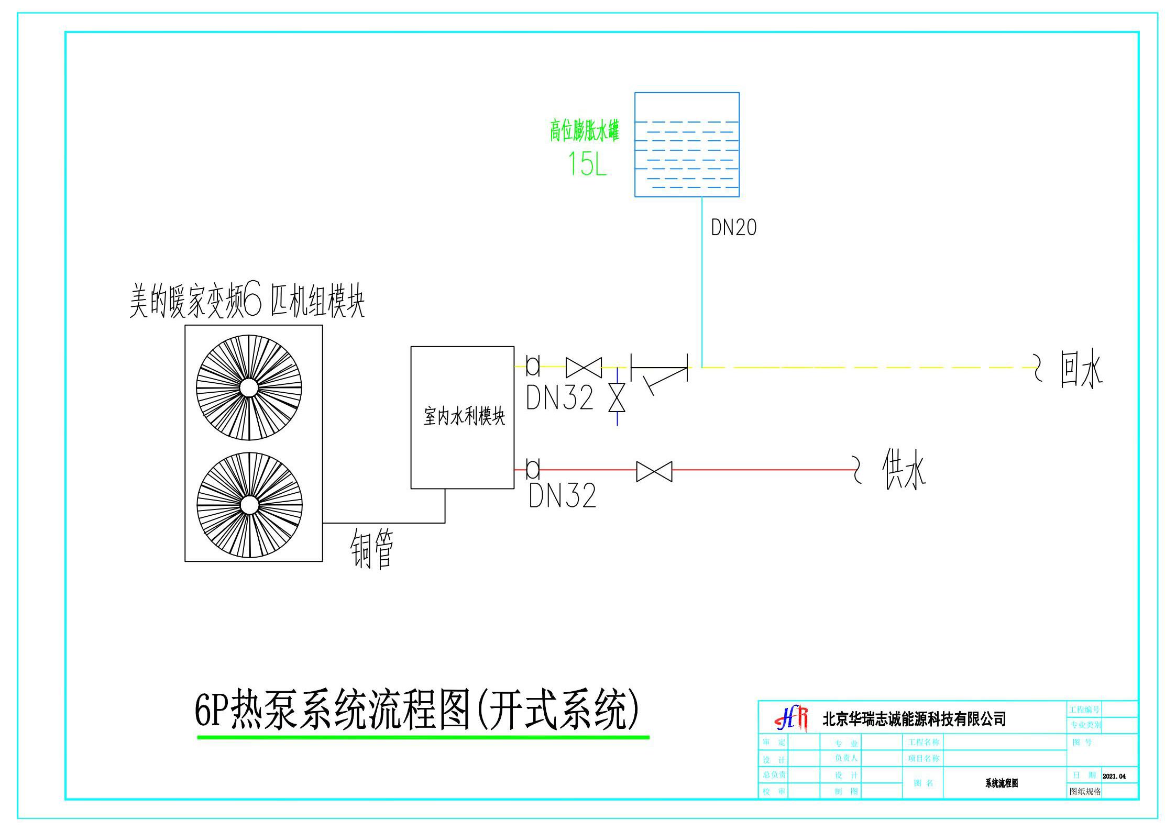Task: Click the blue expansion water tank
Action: pyautogui.click(x=686, y=145)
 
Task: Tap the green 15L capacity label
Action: pyautogui.click(x=587, y=164)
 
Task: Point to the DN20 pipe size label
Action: pyautogui.click(x=733, y=228)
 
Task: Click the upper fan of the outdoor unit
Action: pyautogui.click(x=249, y=387)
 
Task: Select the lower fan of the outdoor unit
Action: pyautogui.click(x=249, y=505)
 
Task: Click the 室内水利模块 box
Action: pyautogui.click(x=462, y=417)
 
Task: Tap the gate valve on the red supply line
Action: pyautogui.click(x=654, y=471)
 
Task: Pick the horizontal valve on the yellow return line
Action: pyautogui.click(x=584, y=367)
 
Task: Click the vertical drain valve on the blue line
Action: pyautogui.click(x=617, y=397)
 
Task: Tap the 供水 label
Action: pyautogui.click(x=904, y=470)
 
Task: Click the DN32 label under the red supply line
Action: pyautogui.click(x=562, y=496)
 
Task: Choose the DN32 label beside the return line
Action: pyautogui.click(x=559, y=397)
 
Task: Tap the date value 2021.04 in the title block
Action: pyautogui.click(x=1114, y=776)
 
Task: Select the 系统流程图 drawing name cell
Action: pyautogui.click(x=1001, y=783)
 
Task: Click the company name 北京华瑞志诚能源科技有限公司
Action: pyautogui.click(x=914, y=719)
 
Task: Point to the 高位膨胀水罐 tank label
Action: pyautogui.click(x=584, y=130)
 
